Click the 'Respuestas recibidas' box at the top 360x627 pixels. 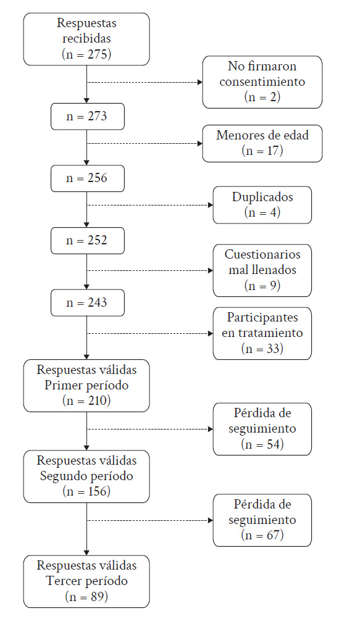pyautogui.click(x=86, y=39)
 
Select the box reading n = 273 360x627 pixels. pyautogui.click(x=88, y=117)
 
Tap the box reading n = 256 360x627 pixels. pyautogui.click(x=88, y=178)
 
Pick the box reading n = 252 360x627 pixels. pyautogui.click(x=88, y=241)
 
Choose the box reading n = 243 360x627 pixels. pyautogui.click(x=88, y=303)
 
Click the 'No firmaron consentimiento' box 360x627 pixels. pyautogui.click(x=262, y=82)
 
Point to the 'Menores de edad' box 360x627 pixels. pyautogui.click(x=262, y=143)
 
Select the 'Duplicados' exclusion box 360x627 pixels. pyautogui.click(x=262, y=205)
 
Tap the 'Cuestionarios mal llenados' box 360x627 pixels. pyautogui.click(x=262, y=270)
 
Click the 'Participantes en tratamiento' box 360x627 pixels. pyautogui.click(x=262, y=333)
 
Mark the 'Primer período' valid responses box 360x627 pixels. pyautogui.click(x=86, y=386)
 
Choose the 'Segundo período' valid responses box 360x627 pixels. pyautogui.click(x=86, y=476)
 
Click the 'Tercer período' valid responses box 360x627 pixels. pyautogui.click(x=86, y=581)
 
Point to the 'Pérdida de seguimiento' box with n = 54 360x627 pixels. pyautogui.click(x=262, y=429)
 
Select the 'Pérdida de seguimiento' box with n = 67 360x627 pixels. pyautogui.click(x=262, y=520)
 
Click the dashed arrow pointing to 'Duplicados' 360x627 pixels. pyautogui.click(x=150, y=205)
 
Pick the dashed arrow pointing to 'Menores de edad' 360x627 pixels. pyautogui.click(x=144, y=143)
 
